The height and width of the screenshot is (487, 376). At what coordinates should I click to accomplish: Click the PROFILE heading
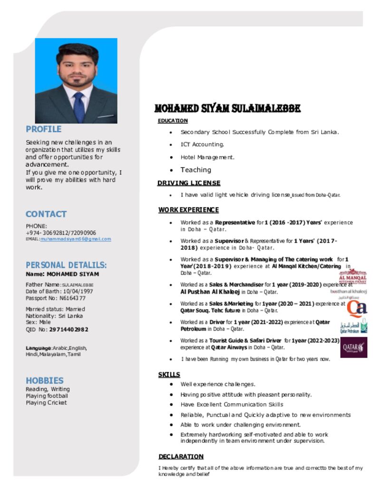coord(44,129)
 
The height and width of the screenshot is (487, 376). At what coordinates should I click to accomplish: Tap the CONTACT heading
coord(46,214)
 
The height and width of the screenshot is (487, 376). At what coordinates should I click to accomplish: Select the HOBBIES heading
coord(45,380)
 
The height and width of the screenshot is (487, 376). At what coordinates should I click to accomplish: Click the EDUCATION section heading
coord(173,121)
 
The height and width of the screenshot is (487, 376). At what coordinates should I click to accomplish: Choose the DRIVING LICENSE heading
coord(189,183)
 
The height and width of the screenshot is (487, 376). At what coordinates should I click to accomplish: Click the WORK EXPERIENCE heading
coord(188,210)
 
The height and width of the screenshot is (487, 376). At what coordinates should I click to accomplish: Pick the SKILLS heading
coord(169,375)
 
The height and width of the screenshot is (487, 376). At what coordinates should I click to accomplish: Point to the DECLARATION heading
coord(181,457)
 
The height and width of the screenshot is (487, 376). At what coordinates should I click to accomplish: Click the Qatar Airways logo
coord(354,347)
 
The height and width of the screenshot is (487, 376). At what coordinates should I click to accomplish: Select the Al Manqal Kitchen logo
coord(352,277)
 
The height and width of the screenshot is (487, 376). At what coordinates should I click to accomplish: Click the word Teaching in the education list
coord(195,170)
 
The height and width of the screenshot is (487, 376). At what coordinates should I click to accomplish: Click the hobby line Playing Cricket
coord(46,403)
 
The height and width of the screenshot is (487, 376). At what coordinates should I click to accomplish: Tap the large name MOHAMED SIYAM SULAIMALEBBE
coord(227,109)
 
